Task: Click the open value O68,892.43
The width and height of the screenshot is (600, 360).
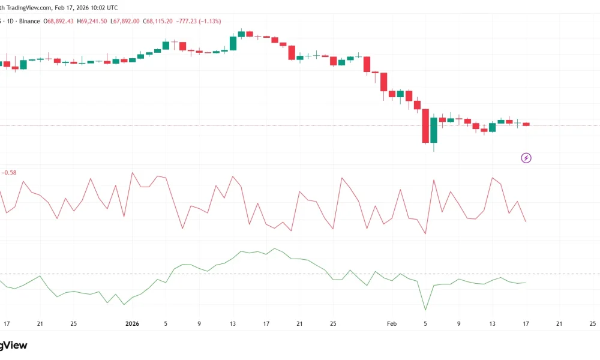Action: point(60,21)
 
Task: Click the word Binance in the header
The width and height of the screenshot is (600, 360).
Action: point(31,21)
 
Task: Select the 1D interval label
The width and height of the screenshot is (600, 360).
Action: point(11,21)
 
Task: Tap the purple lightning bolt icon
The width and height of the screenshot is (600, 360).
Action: point(526,158)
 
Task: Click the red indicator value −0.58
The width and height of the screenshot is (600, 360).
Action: point(10,173)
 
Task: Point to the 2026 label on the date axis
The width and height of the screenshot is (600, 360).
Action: point(132,324)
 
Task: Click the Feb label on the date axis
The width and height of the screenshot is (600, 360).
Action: point(392,324)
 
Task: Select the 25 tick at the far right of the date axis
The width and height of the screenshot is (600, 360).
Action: point(593,324)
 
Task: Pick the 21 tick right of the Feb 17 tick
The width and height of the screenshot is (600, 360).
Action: point(559,324)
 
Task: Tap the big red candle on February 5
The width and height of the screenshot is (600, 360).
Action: point(425,126)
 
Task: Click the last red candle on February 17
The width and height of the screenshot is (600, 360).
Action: point(526,124)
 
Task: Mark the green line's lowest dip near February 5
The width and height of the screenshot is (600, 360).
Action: point(425,310)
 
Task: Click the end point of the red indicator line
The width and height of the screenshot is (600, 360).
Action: point(526,222)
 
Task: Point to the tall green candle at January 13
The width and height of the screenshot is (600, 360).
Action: point(233,43)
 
